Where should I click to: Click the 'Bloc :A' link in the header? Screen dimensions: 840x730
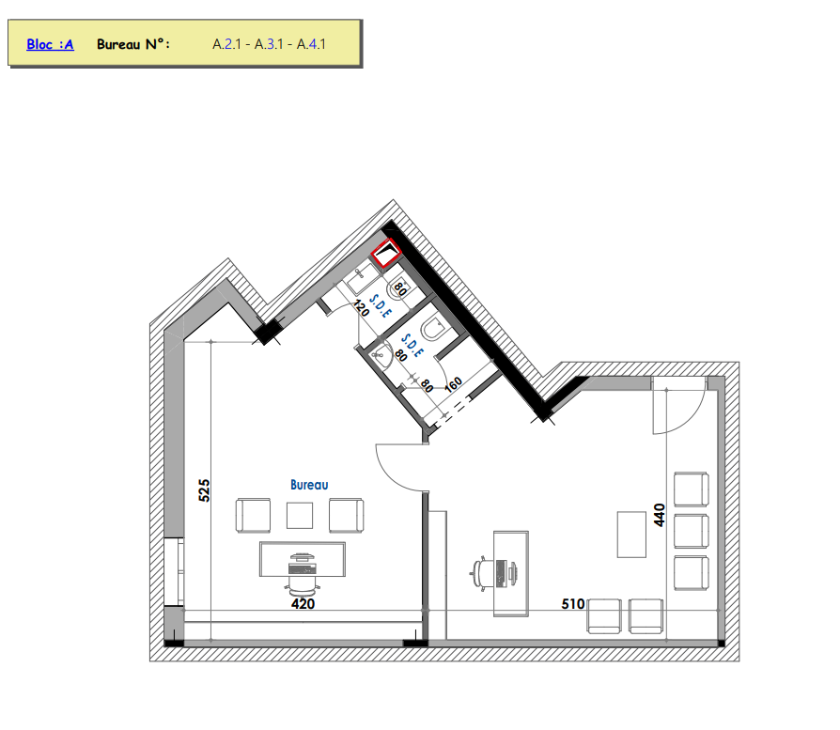click(x=50, y=44)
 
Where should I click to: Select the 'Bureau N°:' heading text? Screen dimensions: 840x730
click(x=133, y=44)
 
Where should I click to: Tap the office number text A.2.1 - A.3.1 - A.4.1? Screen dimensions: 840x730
click(x=269, y=44)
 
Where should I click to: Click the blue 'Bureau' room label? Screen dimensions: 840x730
click(x=309, y=485)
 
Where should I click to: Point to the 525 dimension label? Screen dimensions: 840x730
click(x=204, y=490)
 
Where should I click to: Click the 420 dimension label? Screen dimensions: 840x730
click(x=303, y=603)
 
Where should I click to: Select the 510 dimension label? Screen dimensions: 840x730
click(x=572, y=604)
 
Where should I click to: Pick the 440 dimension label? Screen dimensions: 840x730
click(x=660, y=515)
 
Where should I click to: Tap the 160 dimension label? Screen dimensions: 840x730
click(x=453, y=384)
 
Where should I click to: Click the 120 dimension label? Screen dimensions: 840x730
click(x=361, y=308)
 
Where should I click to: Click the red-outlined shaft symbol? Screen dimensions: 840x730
click(x=386, y=253)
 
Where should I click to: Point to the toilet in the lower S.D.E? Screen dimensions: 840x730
click(x=433, y=330)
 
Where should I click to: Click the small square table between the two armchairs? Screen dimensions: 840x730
click(x=300, y=515)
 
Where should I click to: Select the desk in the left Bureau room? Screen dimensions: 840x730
click(x=303, y=559)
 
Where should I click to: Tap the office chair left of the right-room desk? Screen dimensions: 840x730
click(x=482, y=573)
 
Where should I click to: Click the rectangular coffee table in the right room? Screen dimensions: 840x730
click(x=631, y=535)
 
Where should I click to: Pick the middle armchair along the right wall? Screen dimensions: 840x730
click(x=691, y=531)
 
